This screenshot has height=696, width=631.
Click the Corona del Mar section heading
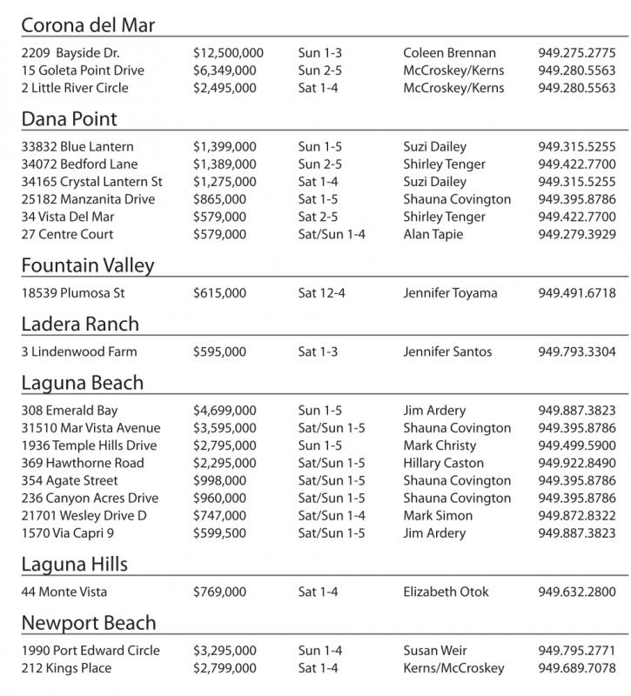(x=88, y=25)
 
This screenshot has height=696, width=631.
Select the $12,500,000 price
(x=228, y=53)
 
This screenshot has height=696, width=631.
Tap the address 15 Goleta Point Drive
(x=83, y=70)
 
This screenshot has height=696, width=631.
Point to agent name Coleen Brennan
(x=449, y=53)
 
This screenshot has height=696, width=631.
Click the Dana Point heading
(x=69, y=119)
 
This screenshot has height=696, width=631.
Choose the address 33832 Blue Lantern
(x=77, y=147)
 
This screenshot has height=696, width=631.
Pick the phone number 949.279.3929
(x=576, y=234)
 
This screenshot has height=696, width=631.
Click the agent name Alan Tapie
(x=433, y=234)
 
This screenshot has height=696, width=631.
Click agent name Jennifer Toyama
(x=450, y=293)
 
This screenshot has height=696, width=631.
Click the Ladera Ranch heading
(x=80, y=325)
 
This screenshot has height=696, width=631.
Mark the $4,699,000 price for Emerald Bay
(x=225, y=411)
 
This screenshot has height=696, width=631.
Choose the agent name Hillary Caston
(x=443, y=463)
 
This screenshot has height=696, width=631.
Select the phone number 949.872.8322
(x=576, y=516)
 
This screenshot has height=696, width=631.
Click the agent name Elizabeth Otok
(x=446, y=592)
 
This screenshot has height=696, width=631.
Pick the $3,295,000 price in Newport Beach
(x=225, y=651)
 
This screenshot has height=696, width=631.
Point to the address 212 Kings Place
(x=66, y=668)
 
